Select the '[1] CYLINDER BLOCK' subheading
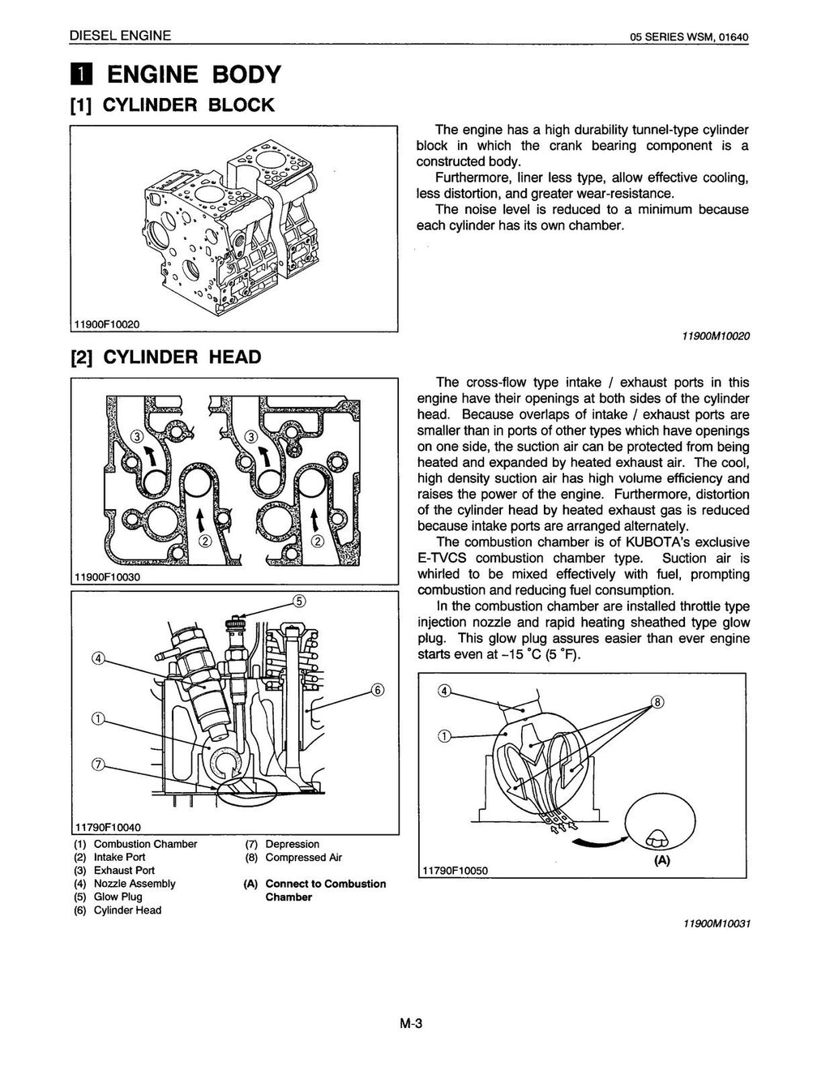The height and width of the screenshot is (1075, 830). pos(172,105)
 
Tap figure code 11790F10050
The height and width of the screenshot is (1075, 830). pos(455,871)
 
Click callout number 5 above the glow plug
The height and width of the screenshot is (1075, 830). pos(299,602)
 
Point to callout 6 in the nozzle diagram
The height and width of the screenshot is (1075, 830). pos(377,691)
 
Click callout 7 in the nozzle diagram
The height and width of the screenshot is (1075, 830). pos(98,765)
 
